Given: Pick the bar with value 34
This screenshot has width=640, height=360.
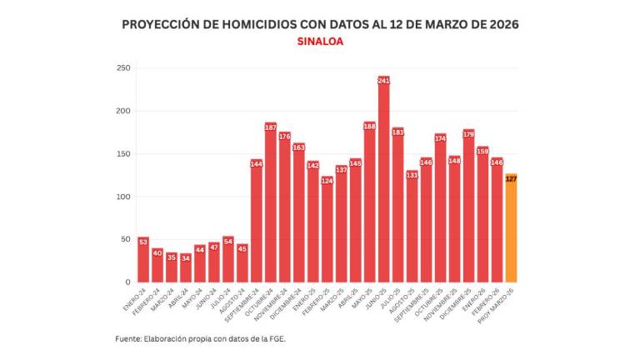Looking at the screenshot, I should [185, 267].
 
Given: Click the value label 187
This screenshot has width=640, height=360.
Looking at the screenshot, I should [270, 127].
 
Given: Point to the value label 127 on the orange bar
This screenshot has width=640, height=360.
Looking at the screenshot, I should [511, 178].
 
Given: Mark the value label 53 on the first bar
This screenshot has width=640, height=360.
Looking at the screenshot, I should [142, 242].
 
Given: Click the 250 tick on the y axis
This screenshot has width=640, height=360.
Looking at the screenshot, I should [123, 68].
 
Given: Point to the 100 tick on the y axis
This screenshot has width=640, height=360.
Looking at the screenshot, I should [123, 197].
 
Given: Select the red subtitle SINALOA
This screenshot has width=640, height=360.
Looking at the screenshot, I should [320, 41].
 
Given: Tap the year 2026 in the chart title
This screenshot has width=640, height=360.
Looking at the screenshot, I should [499, 24].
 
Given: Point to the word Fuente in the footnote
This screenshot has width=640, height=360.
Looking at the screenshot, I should [129, 338].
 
